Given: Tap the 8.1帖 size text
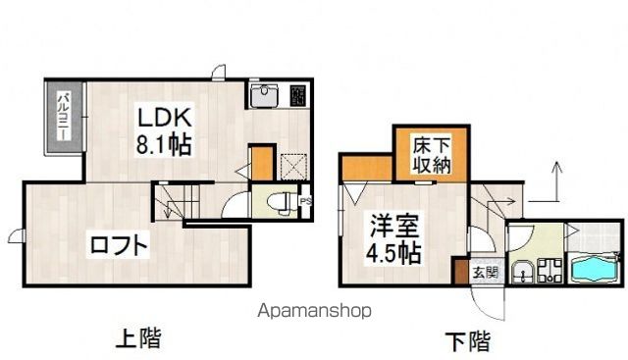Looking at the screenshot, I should [163, 144].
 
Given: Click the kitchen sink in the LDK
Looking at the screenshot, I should [265, 96].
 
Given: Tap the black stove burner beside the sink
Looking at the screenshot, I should [298, 95].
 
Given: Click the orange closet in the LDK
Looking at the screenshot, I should [261, 163].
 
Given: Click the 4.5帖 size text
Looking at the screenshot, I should [395, 252].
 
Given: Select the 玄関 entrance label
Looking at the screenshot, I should [485, 272].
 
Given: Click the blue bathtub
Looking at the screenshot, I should [593, 266].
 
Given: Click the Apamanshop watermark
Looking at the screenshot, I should [314, 311].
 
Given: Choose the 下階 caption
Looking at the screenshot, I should [467, 341].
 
